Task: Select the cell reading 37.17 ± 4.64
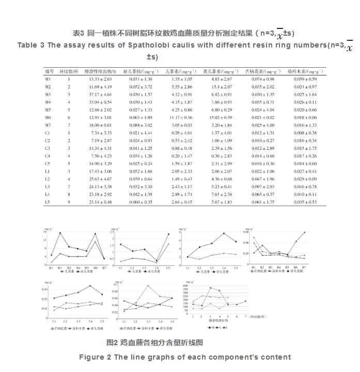click(100, 95)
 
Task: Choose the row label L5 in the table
click(47, 202)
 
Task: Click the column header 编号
click(49, 71)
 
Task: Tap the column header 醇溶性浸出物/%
click(101, 71)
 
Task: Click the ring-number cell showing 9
click(69, 202)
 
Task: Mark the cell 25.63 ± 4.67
click(100, 179)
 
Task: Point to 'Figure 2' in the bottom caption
click(96, 357)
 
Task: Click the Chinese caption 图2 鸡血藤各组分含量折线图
click(154, 342)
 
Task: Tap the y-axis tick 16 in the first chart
click(45, 232)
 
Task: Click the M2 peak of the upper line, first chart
click(60, 233)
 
